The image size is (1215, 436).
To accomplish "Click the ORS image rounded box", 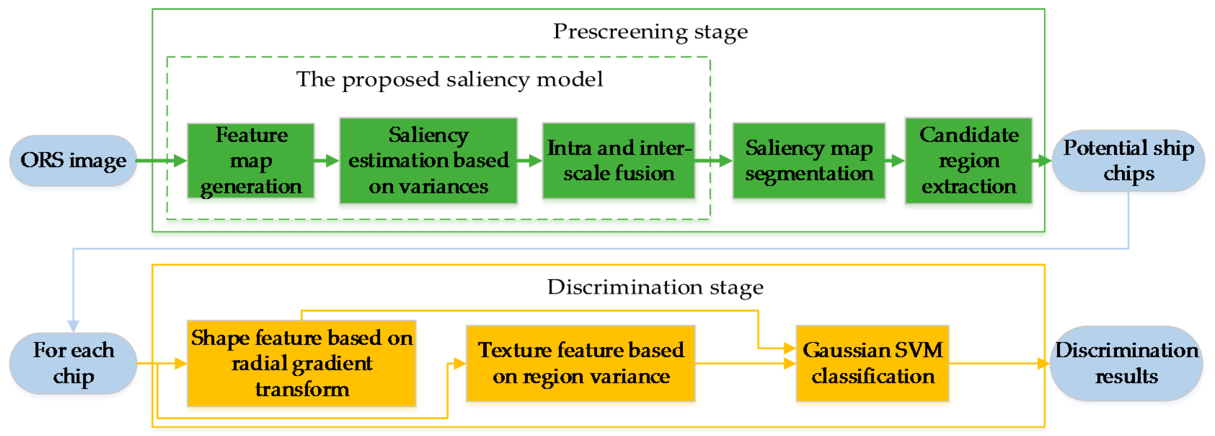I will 73,161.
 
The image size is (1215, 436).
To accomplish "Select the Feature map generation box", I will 251,161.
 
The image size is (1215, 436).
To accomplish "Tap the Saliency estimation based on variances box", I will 428,161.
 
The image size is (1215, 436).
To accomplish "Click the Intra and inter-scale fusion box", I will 618,161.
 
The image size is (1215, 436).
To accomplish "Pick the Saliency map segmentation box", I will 808,161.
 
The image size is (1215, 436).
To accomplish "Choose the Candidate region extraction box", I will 968,161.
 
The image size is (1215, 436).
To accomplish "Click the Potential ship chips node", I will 1128,161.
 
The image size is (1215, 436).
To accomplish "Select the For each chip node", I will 73,363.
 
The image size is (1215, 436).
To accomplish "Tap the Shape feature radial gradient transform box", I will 301,363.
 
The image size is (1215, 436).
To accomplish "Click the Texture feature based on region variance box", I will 581,363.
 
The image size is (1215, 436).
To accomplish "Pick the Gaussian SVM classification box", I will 872,363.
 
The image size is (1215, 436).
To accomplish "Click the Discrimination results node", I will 1126,363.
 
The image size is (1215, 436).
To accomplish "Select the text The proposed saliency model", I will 449,79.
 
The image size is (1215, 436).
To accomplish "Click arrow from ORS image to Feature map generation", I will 163,161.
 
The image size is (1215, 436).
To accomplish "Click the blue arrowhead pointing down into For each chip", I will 73,326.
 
